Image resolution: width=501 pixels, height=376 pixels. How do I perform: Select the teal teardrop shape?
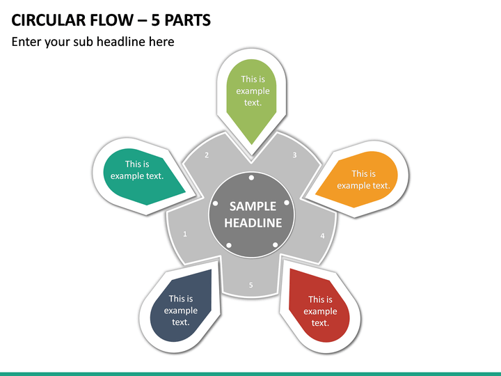142,176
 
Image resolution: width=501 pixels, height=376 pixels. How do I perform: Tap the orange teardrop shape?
358,179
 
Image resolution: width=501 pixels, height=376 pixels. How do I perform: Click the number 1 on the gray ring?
184,234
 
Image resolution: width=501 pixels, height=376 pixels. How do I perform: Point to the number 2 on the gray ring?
207,155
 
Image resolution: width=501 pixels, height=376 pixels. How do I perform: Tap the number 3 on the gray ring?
294,155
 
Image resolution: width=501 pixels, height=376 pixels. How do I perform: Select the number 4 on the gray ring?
322,236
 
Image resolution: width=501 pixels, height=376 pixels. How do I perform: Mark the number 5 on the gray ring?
250,285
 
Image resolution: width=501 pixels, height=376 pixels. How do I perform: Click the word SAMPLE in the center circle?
253,207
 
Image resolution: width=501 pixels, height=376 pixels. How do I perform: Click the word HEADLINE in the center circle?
253,223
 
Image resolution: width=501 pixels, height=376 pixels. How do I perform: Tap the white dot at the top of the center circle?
251,178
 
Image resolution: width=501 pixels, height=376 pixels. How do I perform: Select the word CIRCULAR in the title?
49,20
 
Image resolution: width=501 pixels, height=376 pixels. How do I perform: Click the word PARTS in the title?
188,20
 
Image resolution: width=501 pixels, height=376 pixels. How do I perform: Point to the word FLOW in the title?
111,20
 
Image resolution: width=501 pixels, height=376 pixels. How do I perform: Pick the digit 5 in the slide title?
156,20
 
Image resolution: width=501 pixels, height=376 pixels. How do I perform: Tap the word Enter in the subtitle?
26,42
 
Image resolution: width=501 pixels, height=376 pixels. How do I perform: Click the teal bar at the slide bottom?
250,374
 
